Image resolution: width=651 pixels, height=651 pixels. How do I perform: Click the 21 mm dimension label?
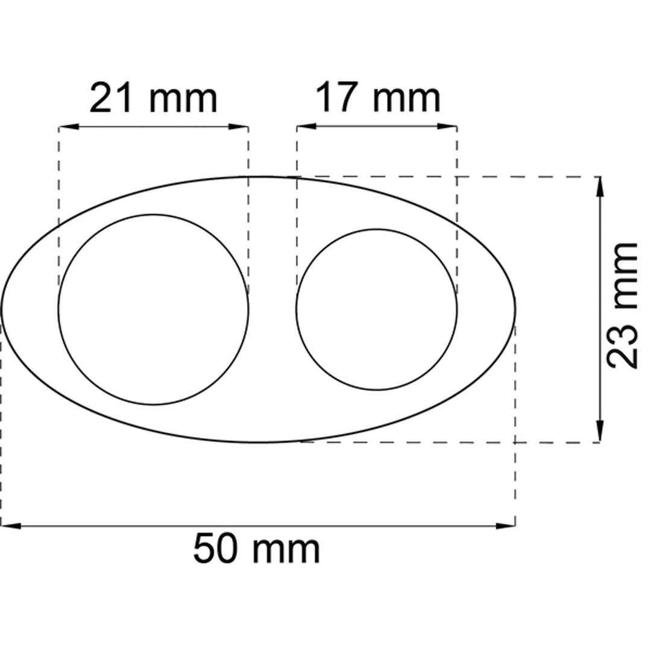point(154,98)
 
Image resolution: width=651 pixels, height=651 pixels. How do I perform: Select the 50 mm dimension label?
point(257,549)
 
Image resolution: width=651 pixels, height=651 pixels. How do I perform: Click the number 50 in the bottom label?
point(215,549)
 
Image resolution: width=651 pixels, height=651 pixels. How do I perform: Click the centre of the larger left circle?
point(154,309)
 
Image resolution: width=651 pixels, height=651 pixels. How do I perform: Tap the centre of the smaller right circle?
point(377,309)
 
